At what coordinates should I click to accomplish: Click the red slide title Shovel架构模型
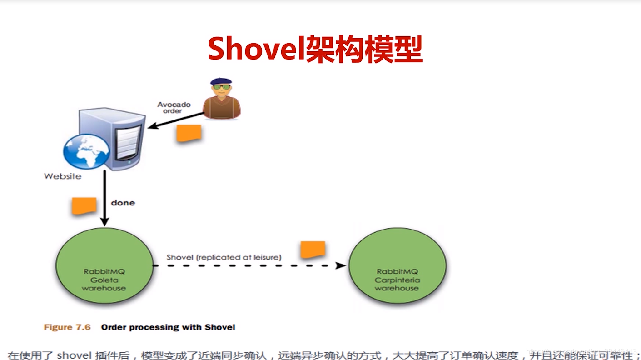coord(315,49)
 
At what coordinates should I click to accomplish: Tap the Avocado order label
coord(174,107)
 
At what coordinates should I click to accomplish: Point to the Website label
coord(63,176)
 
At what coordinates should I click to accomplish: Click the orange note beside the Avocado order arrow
coord(189,133)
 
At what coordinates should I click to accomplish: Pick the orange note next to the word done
coord(84,206)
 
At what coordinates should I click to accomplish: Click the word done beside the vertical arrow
coord(123,203)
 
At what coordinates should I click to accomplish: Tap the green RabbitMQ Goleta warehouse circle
coord(104,265)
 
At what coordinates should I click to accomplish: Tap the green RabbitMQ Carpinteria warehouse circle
coord(397,266)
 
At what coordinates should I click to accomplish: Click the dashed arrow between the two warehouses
coord(250,265)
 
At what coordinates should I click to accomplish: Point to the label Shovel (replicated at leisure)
coord(224,257)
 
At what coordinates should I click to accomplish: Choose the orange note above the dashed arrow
coord(313,250)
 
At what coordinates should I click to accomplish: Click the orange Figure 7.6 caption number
coord(67,327)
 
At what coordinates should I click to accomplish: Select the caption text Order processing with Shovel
coord(168,327)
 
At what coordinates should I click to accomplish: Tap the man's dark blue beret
coord(221,81)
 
